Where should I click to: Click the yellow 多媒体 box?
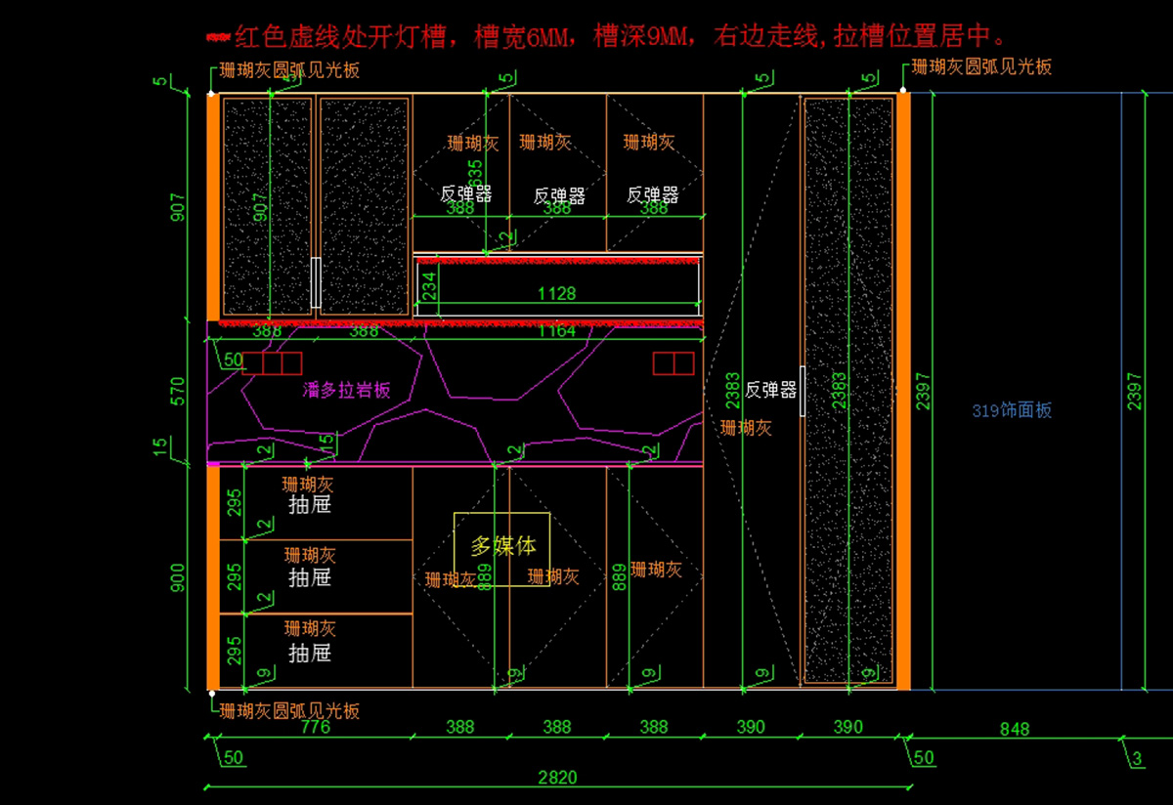pyautogui.click(x=501, y=548)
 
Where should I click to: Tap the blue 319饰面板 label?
pyautogui.click(x=1012, y=410)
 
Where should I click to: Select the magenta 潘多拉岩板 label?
pyautogui.click(x=347, y=390)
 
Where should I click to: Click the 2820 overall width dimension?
pyautogui.click(x=557, y=778)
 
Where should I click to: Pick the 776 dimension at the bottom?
pyautogui.click(x=315, y=727)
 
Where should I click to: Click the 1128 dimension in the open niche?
pyautogui.click(x=557, y=292)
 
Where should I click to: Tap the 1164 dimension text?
pyautogui.click(x=557, y=331)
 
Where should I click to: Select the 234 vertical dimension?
pyautogui.click(x=428, y=288)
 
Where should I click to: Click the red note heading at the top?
pyautogui.click(x=606, y=37)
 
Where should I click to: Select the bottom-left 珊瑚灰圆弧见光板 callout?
pyautogui.click(x=289, y=710)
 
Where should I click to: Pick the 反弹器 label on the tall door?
pyautogui.click(x=770, y=390)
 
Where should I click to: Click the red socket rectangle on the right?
pyautogui.click(x=673, y=363)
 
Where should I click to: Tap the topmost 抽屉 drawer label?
pyautogui.click(x=309, y=504)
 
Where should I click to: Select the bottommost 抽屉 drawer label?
pyautogui.click(x=309, y=653)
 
